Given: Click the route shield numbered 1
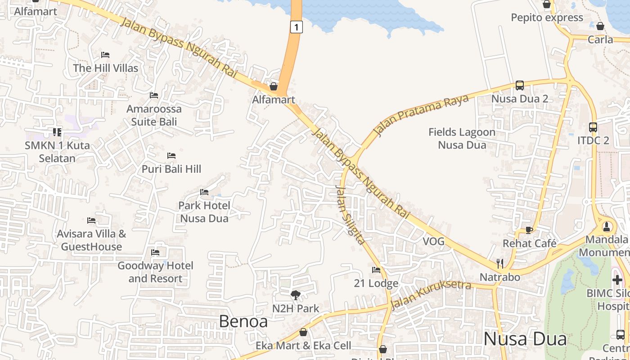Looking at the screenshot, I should [296, 27].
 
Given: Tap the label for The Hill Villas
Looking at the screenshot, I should [106, 68].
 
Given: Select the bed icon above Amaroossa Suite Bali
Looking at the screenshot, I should [154, 95].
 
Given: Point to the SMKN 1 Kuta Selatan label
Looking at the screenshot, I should [57, 152].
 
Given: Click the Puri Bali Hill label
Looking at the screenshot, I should [171, 169].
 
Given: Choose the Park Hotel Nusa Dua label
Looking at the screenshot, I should [204, 212].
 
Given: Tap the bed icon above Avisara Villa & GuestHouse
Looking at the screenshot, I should [91, 220].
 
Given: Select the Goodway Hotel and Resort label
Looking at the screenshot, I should [155, 272].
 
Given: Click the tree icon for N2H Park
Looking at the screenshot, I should [296, 295].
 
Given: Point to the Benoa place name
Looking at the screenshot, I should [243, 321].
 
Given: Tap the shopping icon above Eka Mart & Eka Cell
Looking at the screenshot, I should [303, 333].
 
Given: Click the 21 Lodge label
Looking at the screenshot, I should [376, 283].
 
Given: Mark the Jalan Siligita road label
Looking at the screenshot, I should [350, 215].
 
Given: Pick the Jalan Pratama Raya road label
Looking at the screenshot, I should [421, 116].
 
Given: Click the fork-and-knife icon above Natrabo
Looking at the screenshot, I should [500, 263].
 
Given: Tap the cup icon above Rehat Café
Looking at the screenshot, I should [529, 230].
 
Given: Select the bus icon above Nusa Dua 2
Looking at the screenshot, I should [520, 85].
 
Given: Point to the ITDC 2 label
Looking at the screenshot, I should [593, 140].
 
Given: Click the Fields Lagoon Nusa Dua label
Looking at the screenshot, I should [462, 139].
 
